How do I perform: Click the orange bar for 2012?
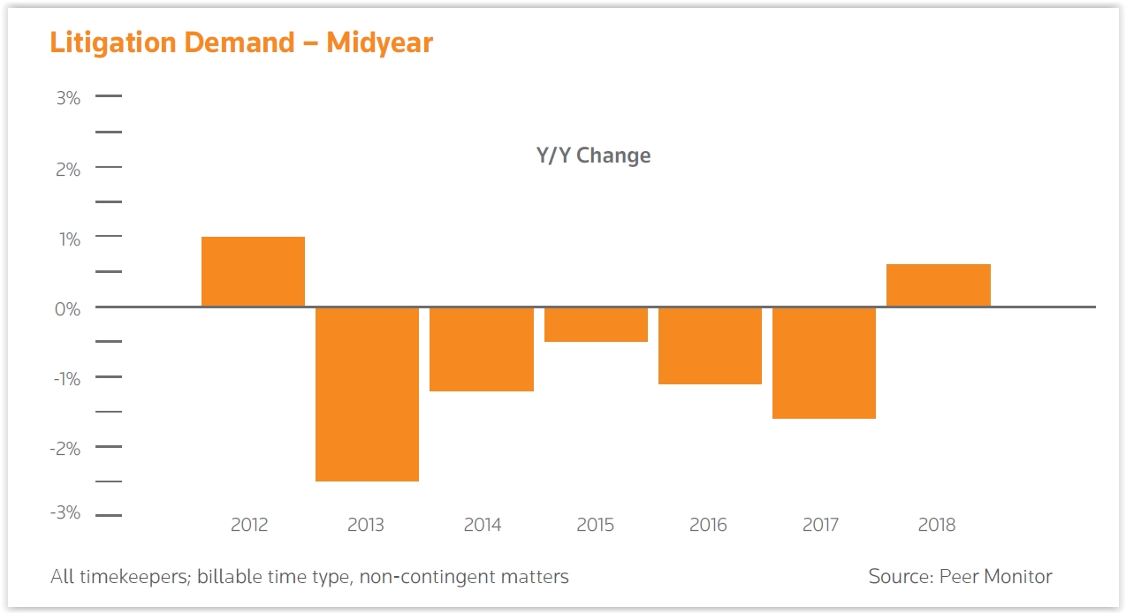pos(253,271)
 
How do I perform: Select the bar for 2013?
pos(367,394)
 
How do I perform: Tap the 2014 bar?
pos(482,349)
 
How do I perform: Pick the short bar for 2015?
pos(596,324)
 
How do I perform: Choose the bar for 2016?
pos(710,345)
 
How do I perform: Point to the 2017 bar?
pos(824,363)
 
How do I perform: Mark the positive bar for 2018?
pos(939,284)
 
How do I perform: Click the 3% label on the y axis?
pos(68,98)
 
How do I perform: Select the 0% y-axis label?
pos(67,309)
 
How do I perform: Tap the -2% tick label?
pos(65,448)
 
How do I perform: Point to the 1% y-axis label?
pos(70,239)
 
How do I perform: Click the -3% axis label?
pos(65,512)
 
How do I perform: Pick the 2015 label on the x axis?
pos(595,525)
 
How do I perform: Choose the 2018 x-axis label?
pos(937,525)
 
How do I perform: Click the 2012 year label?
pos(249,525)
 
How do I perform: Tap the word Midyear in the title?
pos(379,43)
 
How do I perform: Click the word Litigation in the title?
pos(113,43)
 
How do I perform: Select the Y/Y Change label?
pos(593,155)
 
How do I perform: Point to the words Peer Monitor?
pos(996,576)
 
